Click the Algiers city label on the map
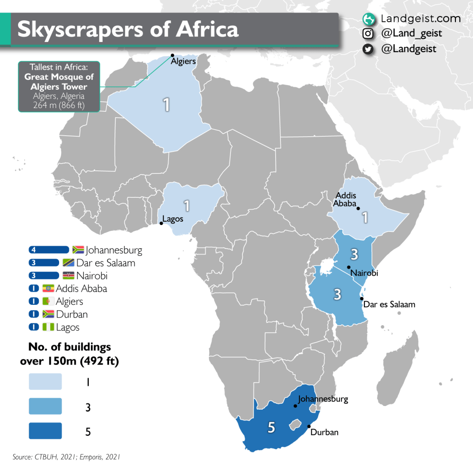pos(183,61)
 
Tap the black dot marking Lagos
pos(161,224)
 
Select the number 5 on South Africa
pos(272,428)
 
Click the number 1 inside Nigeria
pos(187,205)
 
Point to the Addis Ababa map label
pos(346,199)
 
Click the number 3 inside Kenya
pos(354,254)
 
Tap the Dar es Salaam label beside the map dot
pos(389,305)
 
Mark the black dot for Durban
pos(309,426)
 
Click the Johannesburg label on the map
pos(323,399)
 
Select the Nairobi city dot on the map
pos(349,267)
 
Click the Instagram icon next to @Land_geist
pos(368,33)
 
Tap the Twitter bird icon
pos(368,49)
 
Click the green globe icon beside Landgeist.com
pos(368,19)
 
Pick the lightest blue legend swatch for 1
pos(45,382)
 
